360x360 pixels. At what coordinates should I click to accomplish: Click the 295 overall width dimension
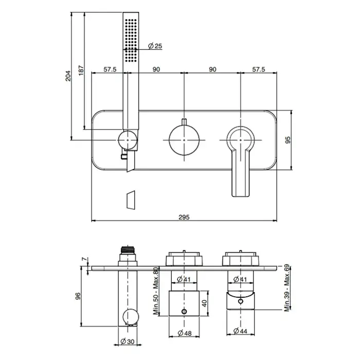184,217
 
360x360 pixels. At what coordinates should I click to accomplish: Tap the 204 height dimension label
68,76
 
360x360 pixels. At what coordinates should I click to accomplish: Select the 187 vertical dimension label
81,70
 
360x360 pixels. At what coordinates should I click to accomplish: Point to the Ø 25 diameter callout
155,46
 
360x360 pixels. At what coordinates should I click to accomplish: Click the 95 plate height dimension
287,140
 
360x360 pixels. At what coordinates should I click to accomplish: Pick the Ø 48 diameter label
185,333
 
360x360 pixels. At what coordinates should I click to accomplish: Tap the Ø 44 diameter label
240,331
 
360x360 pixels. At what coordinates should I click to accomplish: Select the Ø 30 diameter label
128,341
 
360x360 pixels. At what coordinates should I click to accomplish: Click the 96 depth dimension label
78,296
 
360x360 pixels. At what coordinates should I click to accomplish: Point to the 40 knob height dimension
205,303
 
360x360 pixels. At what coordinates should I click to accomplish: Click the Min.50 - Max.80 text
156,291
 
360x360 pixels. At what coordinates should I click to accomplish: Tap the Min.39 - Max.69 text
287,289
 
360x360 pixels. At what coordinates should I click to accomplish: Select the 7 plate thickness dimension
85,259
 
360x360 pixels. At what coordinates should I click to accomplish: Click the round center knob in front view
184,140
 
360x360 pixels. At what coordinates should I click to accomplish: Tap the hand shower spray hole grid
131,41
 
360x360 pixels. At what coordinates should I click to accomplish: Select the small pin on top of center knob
184,122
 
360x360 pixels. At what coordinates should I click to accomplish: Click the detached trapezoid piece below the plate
131,200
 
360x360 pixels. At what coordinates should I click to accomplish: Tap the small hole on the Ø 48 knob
184,312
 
